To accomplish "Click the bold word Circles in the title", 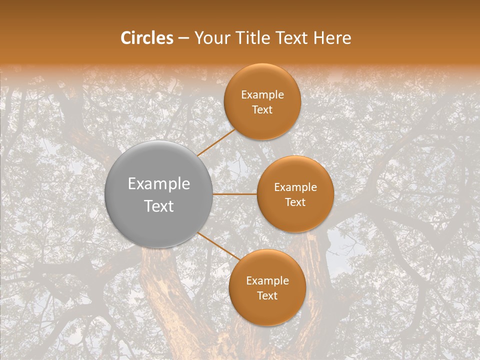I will point(147,38).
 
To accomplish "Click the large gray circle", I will point(159,194).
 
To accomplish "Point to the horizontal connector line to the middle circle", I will point(235,194).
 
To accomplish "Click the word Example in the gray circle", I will point(159,184).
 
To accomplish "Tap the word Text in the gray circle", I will point(159,206).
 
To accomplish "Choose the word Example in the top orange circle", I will point(262,95).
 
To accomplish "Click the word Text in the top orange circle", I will point(262,110).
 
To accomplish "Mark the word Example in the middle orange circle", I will point(295,187).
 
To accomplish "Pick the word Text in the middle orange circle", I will point(295,202).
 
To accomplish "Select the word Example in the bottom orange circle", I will point(267,281).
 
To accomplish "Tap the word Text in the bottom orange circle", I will point(267,296).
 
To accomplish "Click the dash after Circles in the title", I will point(183,38).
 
